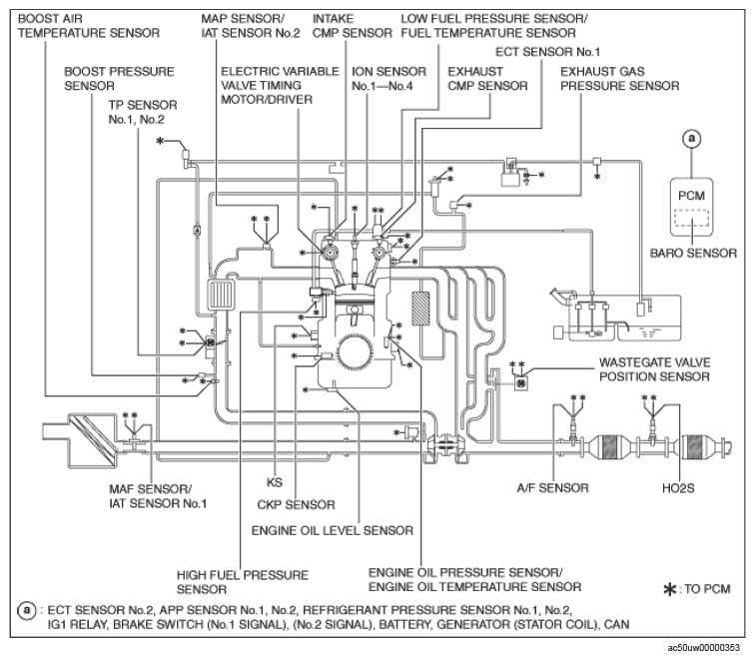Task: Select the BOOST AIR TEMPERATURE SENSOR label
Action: (x=88, y=25)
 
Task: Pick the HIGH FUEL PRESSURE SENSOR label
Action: (x=241, y=583)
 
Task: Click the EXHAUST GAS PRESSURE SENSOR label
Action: (x=619, y=79)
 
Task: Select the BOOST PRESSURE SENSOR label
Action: (x=105, y=79)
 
